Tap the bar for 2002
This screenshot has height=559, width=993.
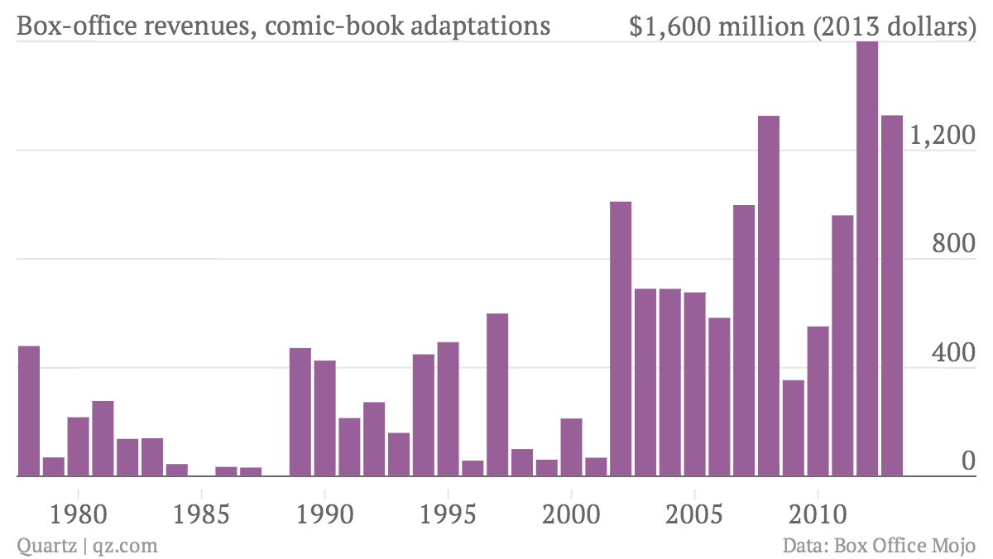[x=621, y=339]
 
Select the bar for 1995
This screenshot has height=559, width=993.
[x=449, y=409]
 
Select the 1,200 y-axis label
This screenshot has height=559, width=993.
[x=943, y=135]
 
